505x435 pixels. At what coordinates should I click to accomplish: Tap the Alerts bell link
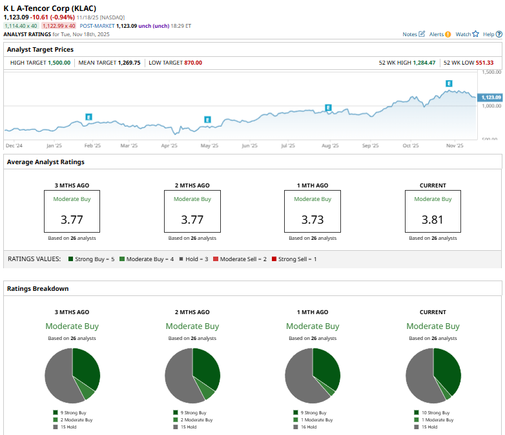click(440, 34)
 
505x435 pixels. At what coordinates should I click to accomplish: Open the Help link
click(491, 34)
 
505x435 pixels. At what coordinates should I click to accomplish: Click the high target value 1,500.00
click(59, 63)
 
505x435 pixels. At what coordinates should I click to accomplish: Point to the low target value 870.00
click(192, 63)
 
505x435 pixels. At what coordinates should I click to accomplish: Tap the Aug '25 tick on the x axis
click(330, 146)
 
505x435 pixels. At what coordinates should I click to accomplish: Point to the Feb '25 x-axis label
click(93, 146)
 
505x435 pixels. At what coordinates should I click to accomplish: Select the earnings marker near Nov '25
click(449, 83)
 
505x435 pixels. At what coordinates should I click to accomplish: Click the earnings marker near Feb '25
click(88, 117)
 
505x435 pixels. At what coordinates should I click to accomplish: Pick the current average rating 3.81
click(433, 220)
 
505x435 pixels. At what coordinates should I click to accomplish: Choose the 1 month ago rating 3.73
click(313, 220)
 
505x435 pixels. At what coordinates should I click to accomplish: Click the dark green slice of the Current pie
click(448, 368)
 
